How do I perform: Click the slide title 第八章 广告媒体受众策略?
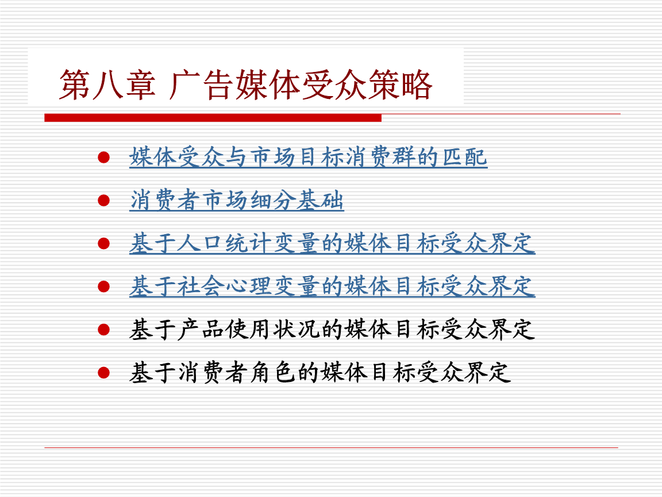(x=246, y=86)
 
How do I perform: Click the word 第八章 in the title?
(x=107, y=86)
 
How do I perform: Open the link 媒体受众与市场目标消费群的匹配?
(x=308, y=157)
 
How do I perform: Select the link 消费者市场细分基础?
(x=237, y=201)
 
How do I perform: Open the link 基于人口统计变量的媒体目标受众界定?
(x=332, y=243)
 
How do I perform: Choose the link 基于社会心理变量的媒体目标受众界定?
(x=332, y=286)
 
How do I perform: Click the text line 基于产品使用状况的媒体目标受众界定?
(x=332, y=330)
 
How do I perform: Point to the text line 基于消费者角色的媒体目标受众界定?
(x=320, y=372)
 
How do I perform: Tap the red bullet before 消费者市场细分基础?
(x=103, y=201)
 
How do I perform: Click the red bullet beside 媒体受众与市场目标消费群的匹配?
(x=103, y=157)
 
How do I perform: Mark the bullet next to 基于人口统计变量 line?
(x=103, y=243)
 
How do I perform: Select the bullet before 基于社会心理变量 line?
(x=103, y=286)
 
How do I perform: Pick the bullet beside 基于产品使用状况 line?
(x=103, y=330)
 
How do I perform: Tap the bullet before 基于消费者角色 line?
(x=103, y=372)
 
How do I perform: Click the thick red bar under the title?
(x=213, y=117)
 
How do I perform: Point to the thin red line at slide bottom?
(x=331, y=448)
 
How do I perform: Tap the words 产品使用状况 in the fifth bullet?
(x=248, y=330)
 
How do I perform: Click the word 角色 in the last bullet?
(x=285, y=372)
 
